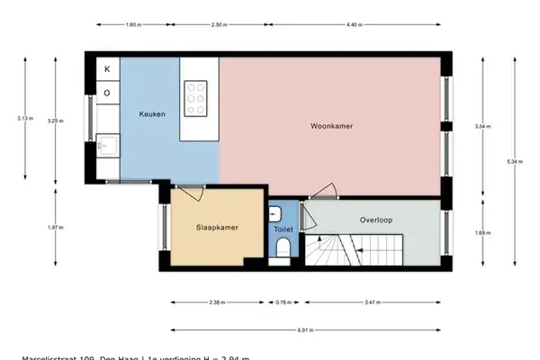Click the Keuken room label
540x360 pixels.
coord(150,114)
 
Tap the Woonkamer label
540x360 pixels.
coord(331,125)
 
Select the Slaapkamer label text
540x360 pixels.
coord(217,228)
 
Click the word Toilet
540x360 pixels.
coord(283,229)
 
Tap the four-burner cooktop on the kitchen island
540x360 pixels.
coord(196,98)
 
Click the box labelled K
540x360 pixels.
coord(107,69)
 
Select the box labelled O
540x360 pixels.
coord(107,92)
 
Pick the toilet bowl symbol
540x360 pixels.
coord(283,247)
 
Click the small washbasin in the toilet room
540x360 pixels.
coord(274,214)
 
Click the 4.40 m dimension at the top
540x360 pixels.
coord(354,25)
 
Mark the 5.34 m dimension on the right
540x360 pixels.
coord(514,161)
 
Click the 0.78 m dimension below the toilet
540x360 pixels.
coord(283,302)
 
